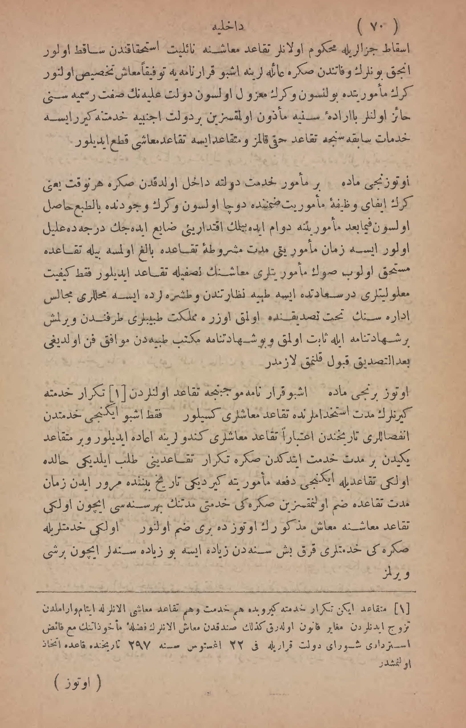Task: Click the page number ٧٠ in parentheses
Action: coord(377,27)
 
